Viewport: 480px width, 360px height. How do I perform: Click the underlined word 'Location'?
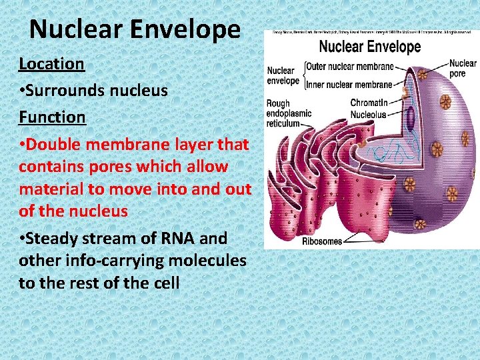pos(51,64)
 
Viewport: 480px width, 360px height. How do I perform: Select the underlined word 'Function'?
pos(52,117)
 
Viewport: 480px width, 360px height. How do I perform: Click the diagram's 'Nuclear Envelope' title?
pos(370,47)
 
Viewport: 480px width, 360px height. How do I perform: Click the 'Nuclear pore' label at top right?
pos(463,69)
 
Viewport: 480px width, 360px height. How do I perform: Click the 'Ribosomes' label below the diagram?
pos(322,241)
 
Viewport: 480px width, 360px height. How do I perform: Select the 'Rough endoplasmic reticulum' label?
pos(288,114)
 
